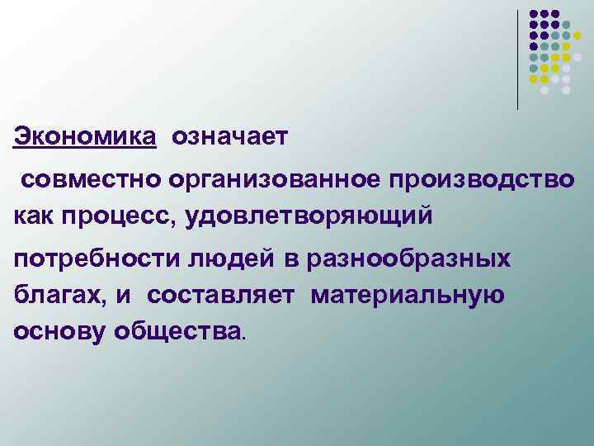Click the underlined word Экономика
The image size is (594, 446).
pyautogui.click(x=84, y=135)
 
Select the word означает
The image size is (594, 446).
pyautogui.click(x=230, y=135)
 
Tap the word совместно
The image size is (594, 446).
pyautogui.click(x=92, y=179)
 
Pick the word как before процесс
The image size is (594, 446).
pyautogui.click(x=35, y=216)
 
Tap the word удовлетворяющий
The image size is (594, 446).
pyautogui.click(x=309, y=216)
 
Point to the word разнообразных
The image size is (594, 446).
pyautogui.click(x=408, y=259)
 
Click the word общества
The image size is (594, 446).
pyautogui.click(x=179, y=330)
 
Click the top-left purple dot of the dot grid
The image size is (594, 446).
pyautogui.click(x=534, y=14)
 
